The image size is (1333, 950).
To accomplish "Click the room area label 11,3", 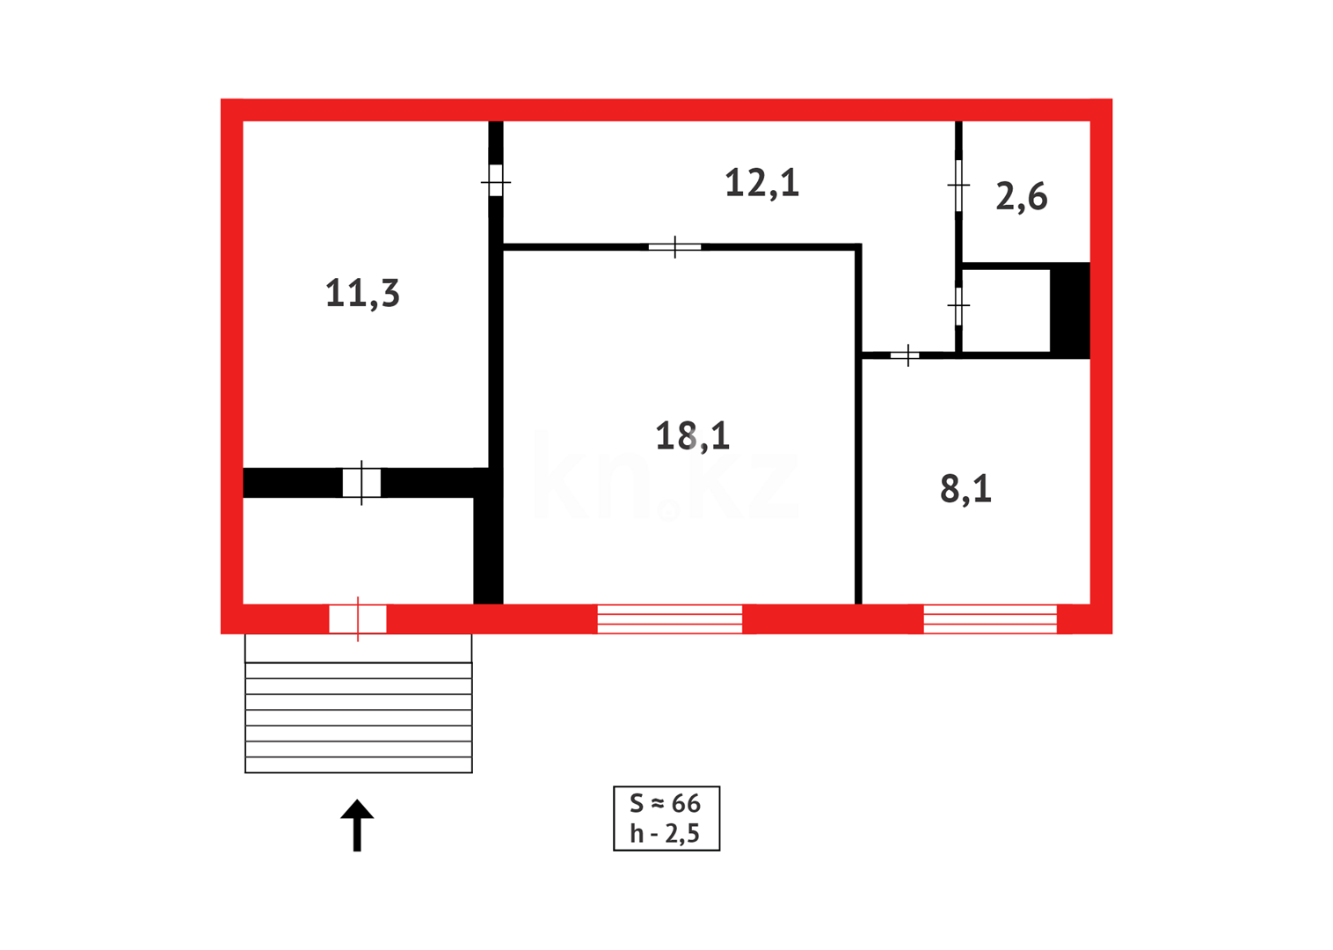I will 362,294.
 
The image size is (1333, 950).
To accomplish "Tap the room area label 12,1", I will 761,183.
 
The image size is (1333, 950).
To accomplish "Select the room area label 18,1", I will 692,436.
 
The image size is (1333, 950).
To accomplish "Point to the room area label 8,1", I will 965,489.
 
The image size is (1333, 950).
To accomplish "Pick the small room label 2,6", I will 1021,197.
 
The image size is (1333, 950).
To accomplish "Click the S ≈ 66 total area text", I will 666,803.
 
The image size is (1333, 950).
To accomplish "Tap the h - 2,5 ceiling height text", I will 666,833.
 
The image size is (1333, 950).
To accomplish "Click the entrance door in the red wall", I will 358,618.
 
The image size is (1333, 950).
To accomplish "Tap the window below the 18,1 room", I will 670,618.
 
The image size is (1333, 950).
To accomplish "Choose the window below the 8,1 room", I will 990,618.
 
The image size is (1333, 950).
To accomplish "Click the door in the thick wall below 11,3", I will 361,483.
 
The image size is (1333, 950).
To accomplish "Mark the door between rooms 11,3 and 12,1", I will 496,180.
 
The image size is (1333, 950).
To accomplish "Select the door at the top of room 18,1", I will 674,247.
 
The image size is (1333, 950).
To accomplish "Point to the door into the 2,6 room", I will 958,185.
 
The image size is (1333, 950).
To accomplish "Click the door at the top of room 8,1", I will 906,355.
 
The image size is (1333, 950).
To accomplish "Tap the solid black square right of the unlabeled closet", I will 1070,310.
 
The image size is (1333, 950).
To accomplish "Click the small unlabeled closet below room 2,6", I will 1006,310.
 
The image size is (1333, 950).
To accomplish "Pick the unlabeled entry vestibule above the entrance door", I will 357,551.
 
